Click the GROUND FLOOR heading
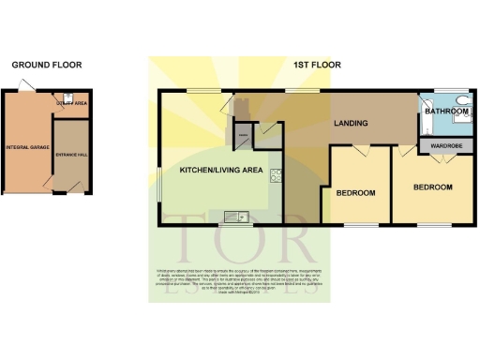[46, 66]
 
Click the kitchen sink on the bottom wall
[232, 219]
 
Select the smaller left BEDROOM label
[355, 193]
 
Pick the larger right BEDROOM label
[433, 187]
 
